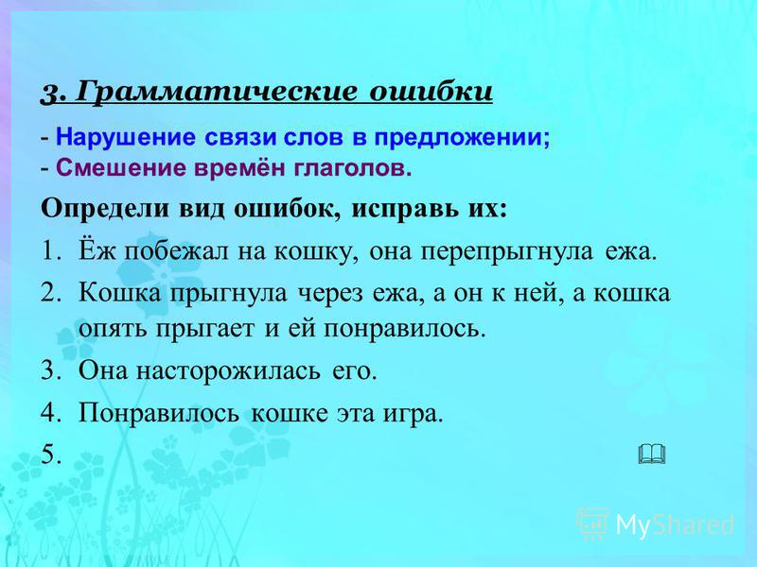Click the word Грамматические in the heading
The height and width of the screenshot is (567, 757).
[x=218, y=92]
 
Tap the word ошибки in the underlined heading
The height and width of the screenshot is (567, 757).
[x=431, y=91]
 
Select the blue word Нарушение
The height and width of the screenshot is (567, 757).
[x=126, y=137]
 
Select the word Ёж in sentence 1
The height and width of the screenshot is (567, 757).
[x=97, y=250]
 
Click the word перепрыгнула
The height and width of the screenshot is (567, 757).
[x=506, y=252]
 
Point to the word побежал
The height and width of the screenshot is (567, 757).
[x=176, y=250]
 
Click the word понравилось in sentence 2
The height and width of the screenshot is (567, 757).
[x=404, y=329]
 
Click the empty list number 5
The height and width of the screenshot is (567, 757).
[x=51, y=454]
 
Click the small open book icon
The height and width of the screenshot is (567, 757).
[x=652, y=454]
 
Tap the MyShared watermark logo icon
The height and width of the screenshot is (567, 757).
[x=592, y=523]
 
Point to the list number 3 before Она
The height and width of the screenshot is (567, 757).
[x=51, y=370]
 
